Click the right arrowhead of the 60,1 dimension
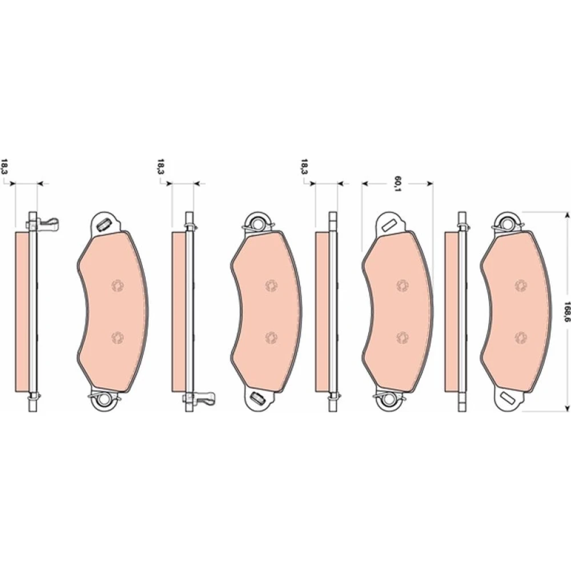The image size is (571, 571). (x=430, y=183)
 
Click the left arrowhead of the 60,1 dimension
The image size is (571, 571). (x=365, y=183)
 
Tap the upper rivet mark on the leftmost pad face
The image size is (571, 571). (x=117, y=285)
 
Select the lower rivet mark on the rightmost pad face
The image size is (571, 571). (x=521, y=337)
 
